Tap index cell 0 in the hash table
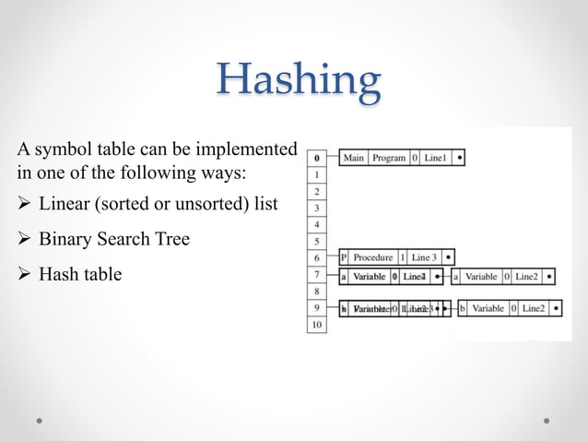coord(316,158)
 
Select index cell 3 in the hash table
coord(316,208)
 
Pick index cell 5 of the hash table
coord(316,241)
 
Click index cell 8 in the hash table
coord(316,292)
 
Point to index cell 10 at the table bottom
coord(316,325)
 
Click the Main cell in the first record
coord(354,158)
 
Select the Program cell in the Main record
coord(389,158)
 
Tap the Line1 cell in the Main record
coord(436,158)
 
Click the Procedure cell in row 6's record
coord(372,257)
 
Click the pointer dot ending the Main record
coord(459,158)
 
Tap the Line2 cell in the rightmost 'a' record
coord(526,276)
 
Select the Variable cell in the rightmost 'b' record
coord(488,308)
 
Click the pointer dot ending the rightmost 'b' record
coord(555,308)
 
